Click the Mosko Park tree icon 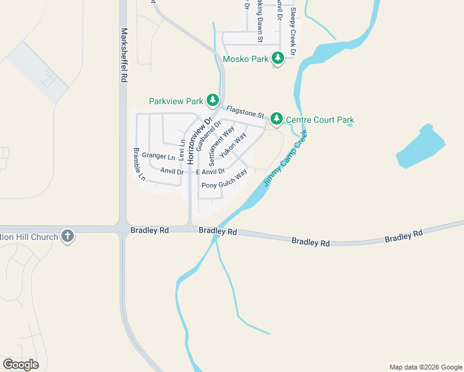278,59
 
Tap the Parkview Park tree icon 213,100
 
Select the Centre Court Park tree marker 276,118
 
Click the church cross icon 68,236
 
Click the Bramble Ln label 140,164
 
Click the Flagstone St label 246,112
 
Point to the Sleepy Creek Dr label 292,30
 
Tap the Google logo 21,365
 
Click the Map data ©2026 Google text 425,367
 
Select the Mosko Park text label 246,60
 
